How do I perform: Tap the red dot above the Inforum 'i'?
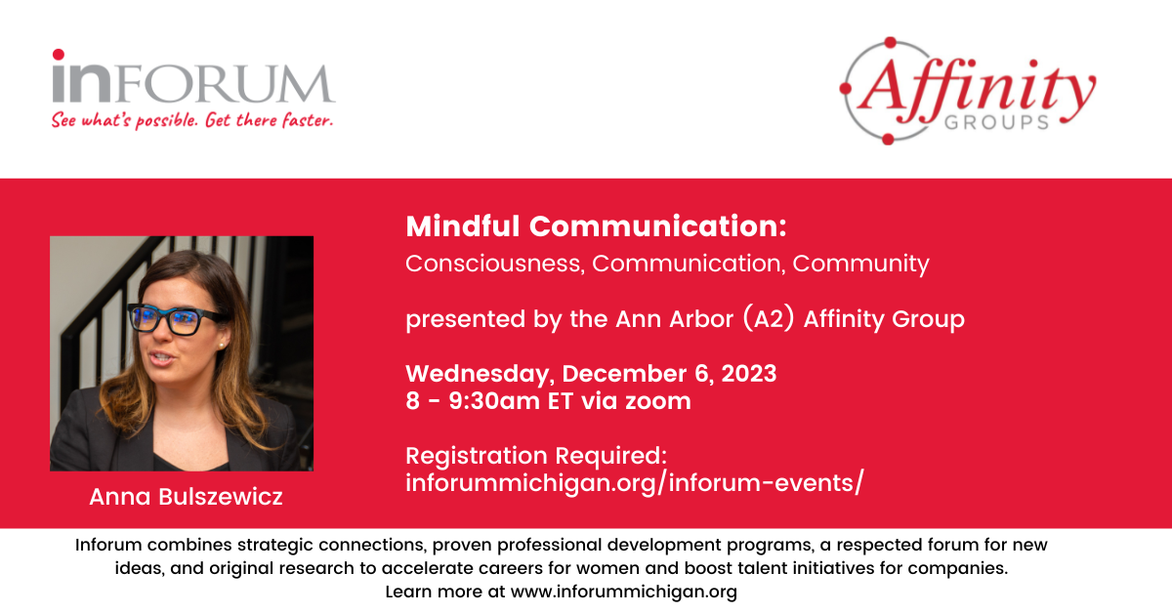[x=59, y=55]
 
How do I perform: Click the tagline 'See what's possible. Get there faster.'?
[x=192, y=120]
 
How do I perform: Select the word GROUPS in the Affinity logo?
[x=997, y=122]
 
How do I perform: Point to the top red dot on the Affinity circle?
[x=890, y=43]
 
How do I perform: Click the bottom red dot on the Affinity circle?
[x=888, y=140]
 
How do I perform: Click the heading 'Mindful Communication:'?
[x=596, y=226]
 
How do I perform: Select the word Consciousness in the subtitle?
[x=494, y=264]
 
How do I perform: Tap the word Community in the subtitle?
[x=860, y=265]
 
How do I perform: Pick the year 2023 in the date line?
[x=749, y=374]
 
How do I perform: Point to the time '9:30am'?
[x=494, y=401]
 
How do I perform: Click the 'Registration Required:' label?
[x=536, y=456]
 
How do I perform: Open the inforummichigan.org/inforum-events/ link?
[x=635, y=483]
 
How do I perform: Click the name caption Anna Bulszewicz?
[x=186, y=497]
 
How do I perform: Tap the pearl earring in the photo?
[x=222, y=346]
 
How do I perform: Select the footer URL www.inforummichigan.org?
[x=624, y=593]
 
